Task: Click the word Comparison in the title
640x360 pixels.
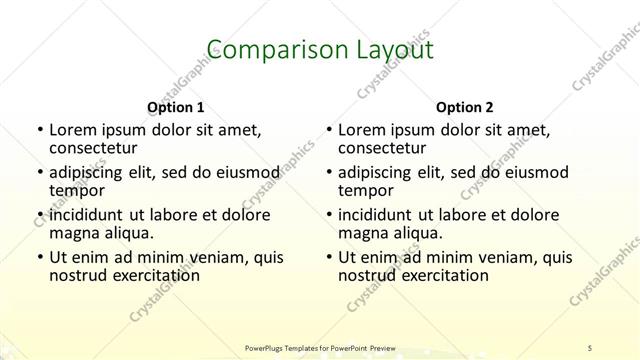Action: click(265, 50)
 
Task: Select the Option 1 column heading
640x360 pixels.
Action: click(176, 107)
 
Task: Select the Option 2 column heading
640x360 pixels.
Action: click(465, 107)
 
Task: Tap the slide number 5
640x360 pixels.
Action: click(591, 346)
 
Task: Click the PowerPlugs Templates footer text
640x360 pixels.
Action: click(320, 346)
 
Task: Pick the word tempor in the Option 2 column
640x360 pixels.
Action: click(366, 191)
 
